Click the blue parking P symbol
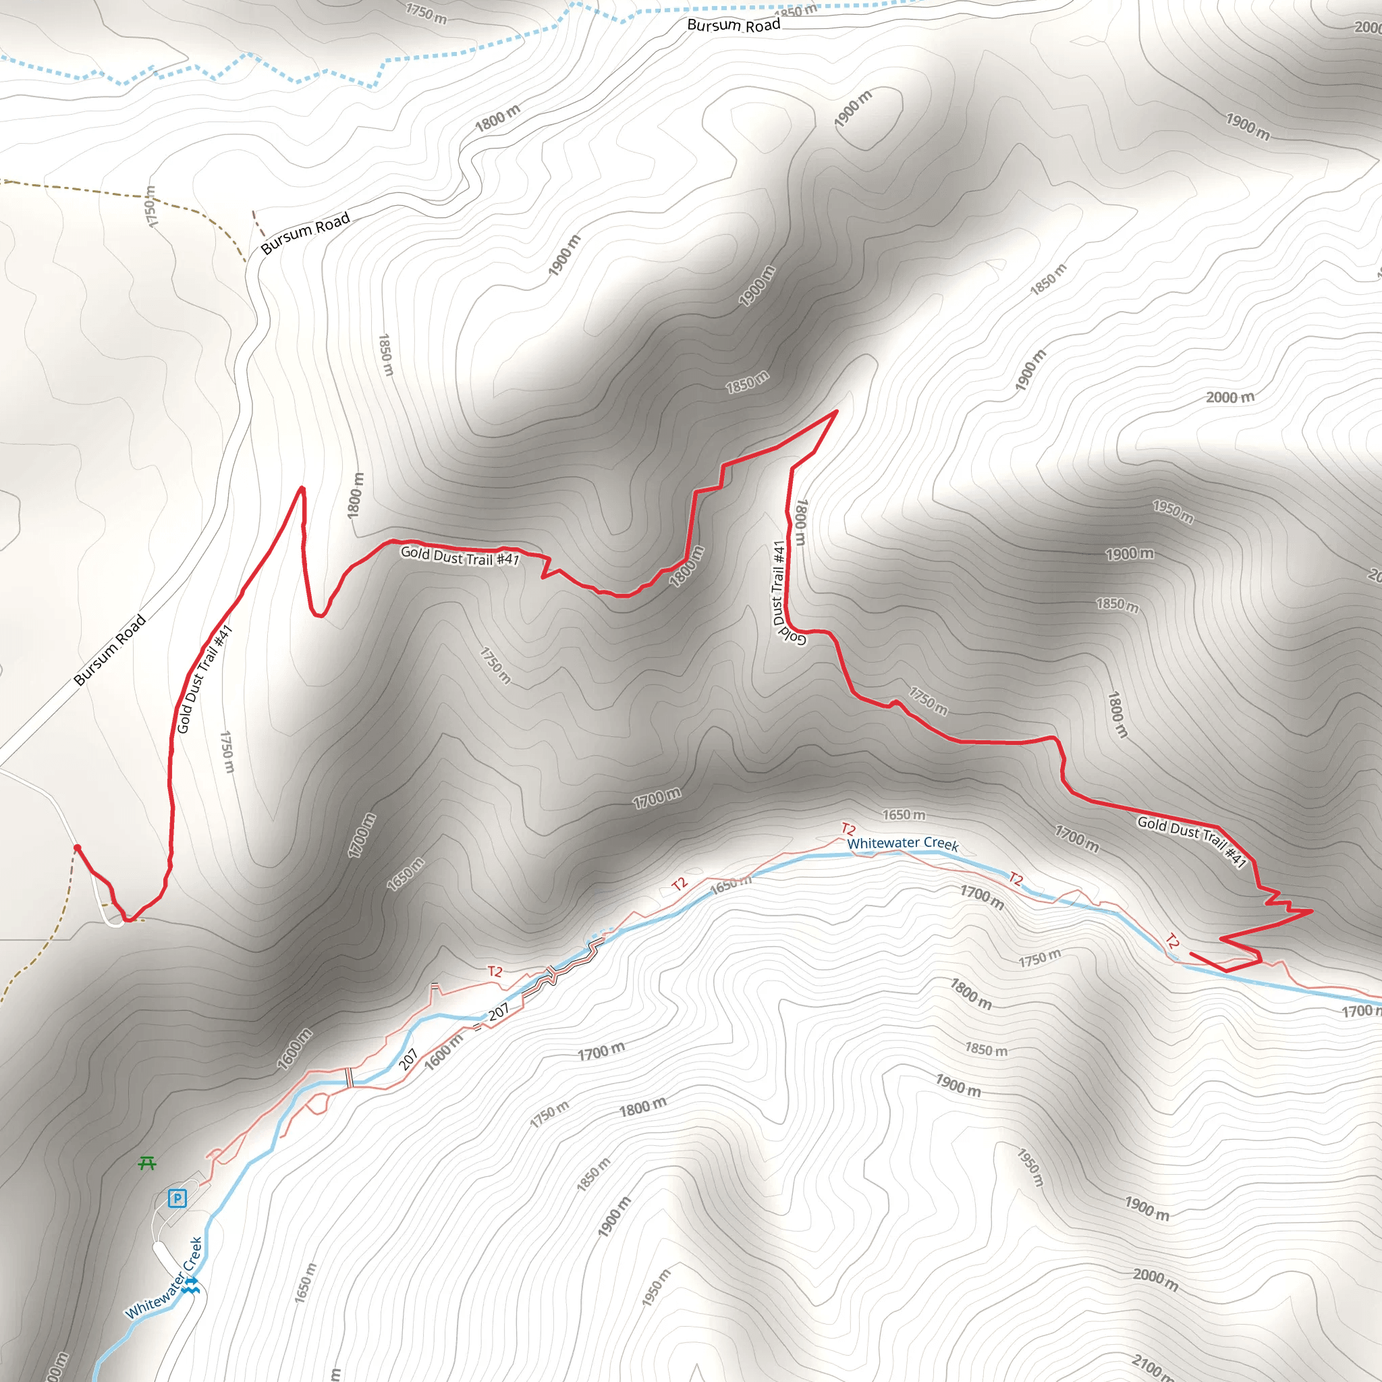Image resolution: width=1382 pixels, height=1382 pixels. coord(177,1198)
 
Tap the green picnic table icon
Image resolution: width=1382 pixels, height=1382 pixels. coord(146,1164)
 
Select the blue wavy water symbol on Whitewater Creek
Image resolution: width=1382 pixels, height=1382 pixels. coord(190,1286)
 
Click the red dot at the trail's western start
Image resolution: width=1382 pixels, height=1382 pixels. coord(77,848)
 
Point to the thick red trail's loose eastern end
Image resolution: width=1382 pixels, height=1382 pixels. coord(1191,953)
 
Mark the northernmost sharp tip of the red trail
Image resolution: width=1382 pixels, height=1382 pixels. coord(836,412)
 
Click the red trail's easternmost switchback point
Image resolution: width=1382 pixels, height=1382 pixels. coord(1311,910)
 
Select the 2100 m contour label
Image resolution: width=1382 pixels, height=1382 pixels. coord(1152,1365)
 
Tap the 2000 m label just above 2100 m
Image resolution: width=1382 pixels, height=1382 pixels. coord(1155,1279)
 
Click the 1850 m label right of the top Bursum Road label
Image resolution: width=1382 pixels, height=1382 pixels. coord(796,11)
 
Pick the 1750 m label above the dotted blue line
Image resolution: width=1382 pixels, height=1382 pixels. coord(426,13)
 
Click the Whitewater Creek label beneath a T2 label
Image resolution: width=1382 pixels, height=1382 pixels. coord(903,844)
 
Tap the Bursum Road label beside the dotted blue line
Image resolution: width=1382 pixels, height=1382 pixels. coord(734,26)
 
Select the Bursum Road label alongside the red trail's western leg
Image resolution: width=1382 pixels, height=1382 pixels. coord(110,650)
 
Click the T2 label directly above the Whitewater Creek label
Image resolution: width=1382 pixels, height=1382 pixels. coord(848,829)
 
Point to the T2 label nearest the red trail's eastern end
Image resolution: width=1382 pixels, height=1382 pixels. coord(1172,941)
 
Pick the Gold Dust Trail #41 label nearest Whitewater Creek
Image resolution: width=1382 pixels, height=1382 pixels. coord(1192,841)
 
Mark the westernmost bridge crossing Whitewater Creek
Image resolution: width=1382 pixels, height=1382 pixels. coord(350,1077)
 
